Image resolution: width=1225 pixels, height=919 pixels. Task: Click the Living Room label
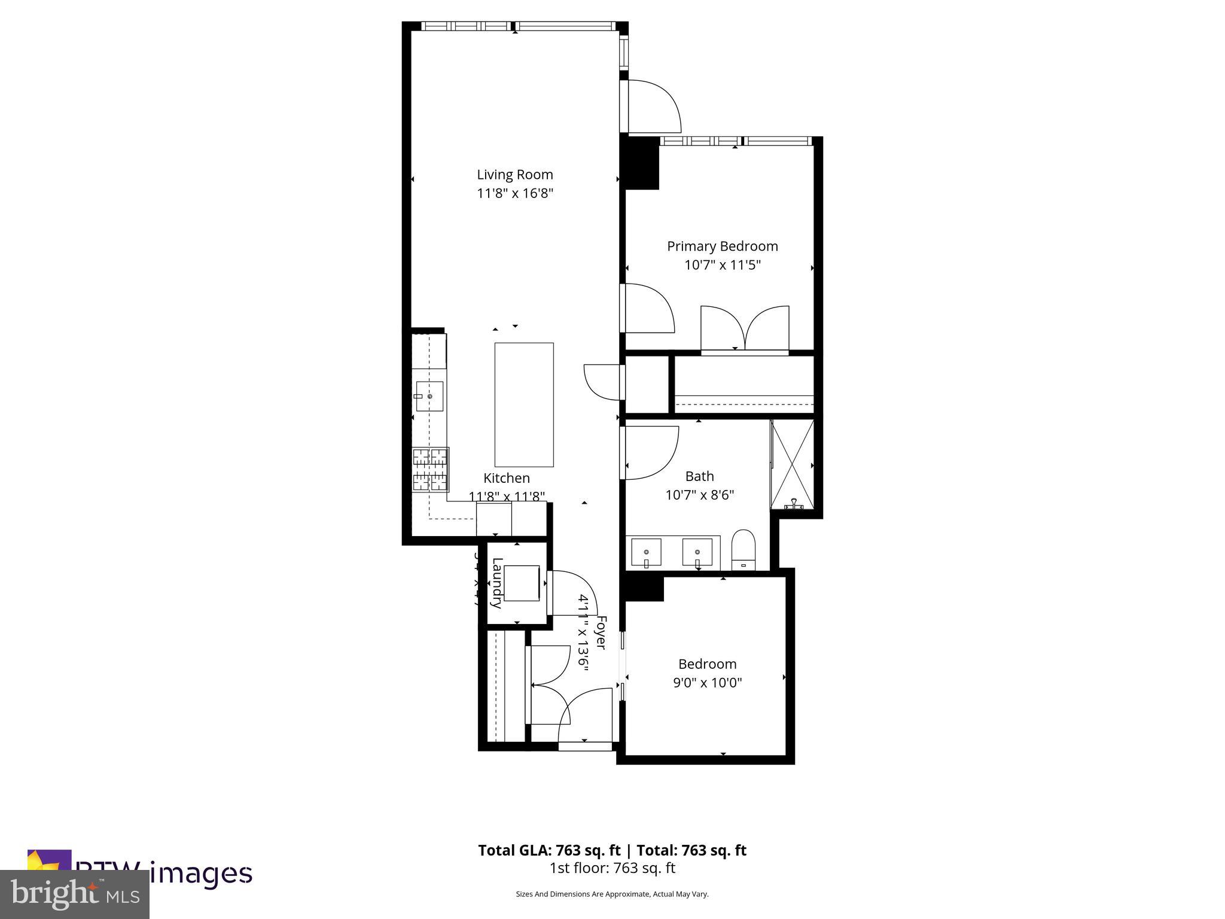point(514,175)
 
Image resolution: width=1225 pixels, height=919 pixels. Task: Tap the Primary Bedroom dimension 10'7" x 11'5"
point(722,265)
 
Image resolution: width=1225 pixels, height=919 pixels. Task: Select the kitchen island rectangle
point(524,404)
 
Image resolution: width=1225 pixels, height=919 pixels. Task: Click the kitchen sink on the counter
point(429,396)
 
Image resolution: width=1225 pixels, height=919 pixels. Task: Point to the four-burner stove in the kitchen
point(430,470)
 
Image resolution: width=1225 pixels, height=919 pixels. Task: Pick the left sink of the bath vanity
point(646,552)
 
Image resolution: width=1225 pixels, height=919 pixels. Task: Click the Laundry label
point(497,582)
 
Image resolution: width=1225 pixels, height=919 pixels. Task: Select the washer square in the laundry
point(522,583)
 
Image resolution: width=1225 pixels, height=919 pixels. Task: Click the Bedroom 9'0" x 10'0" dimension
point(707,683)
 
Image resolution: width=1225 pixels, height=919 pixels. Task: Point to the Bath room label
point(699,476)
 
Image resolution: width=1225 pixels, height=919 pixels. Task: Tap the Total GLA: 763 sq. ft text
point(550,850)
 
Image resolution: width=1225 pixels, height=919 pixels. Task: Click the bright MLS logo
point(75,894)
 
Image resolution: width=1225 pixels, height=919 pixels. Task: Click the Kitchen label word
point(506,478)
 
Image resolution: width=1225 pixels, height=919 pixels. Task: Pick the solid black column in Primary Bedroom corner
point(642,163)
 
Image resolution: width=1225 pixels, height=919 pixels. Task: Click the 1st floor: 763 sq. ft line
point(612,868)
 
